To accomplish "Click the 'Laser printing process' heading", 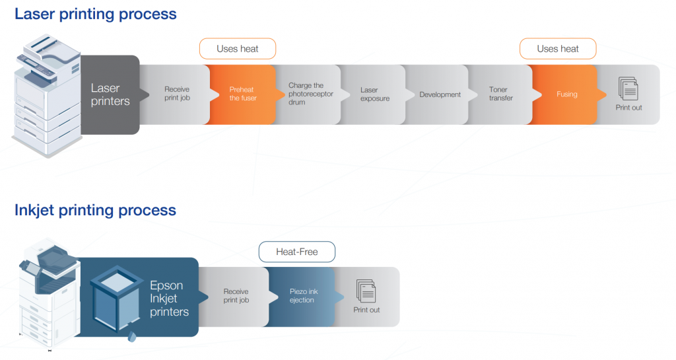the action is pos(96,15).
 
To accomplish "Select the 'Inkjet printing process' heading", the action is pos(95,211).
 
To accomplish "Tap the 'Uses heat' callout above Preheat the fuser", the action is pos(238,49).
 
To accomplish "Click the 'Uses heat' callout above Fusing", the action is pos(558,49).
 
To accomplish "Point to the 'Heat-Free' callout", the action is pos(297,252).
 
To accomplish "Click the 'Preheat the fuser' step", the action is pos(243,94).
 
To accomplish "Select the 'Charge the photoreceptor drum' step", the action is pos(311,94).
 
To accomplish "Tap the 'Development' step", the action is pos(440,94).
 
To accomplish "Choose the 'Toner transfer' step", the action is pos(500,94).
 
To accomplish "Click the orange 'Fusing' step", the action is pos(566,94).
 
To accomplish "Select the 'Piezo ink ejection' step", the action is pos(304,296).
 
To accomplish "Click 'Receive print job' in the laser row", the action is pos(177,94).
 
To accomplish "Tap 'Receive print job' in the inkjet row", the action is pos(236,296).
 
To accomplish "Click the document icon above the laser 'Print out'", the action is pos(628,89).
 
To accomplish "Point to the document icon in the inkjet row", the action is pos(366,291).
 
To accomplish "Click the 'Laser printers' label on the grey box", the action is pos(110,94).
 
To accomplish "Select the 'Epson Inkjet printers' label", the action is pos(169,299).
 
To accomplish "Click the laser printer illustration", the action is pos(47,95).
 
